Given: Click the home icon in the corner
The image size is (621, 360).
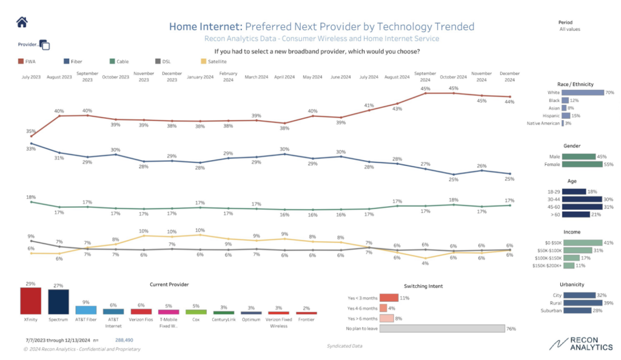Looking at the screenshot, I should tap(22, 22).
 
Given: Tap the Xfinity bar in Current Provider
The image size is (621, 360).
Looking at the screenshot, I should tap(30, 301).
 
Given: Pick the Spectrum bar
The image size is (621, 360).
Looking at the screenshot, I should tap(58, 301).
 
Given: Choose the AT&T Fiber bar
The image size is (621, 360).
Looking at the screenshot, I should tap(86, 310).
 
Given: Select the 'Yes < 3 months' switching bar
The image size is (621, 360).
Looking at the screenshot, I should tap(389, 298).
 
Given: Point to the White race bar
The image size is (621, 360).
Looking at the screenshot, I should tap(583, 93).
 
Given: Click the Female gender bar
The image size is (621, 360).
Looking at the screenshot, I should tap(579, 164).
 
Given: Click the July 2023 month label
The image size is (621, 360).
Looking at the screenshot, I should tap(31, 77).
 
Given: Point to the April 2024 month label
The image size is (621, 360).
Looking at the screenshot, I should tap(284, 77).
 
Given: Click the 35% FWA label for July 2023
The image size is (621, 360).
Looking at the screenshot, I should tap(31, 131).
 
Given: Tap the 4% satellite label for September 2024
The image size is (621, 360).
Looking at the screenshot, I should tap(426, 263).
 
